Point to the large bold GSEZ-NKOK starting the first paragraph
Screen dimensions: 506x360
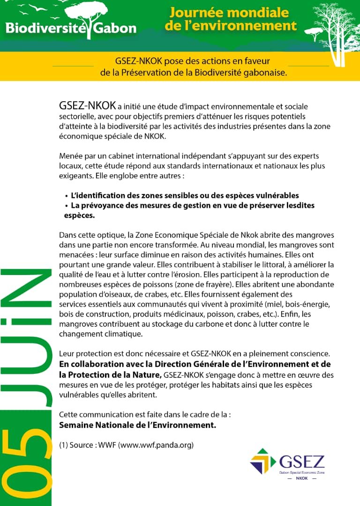tap(87, 106)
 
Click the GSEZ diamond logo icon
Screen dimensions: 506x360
tap(263, 461)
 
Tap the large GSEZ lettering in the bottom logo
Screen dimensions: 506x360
tap(301, 461)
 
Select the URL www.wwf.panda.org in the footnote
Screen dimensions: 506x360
tap(156, 445)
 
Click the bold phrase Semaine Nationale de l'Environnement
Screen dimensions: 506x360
tap(137, 425)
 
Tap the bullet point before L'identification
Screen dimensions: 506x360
tap(67, 196)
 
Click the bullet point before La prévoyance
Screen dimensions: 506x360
tap(67, 206)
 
